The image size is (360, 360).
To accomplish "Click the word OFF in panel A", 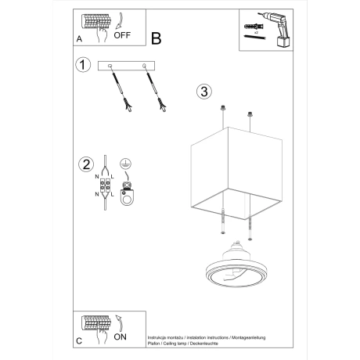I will [x=123, y=34].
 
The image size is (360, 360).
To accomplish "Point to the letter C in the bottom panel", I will [x=80, y=341].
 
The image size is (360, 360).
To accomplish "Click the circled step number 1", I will [x=81, y=66].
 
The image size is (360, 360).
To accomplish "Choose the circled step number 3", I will [x=203, y=91].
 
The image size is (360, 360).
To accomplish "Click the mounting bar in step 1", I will [x=127, y=66].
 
